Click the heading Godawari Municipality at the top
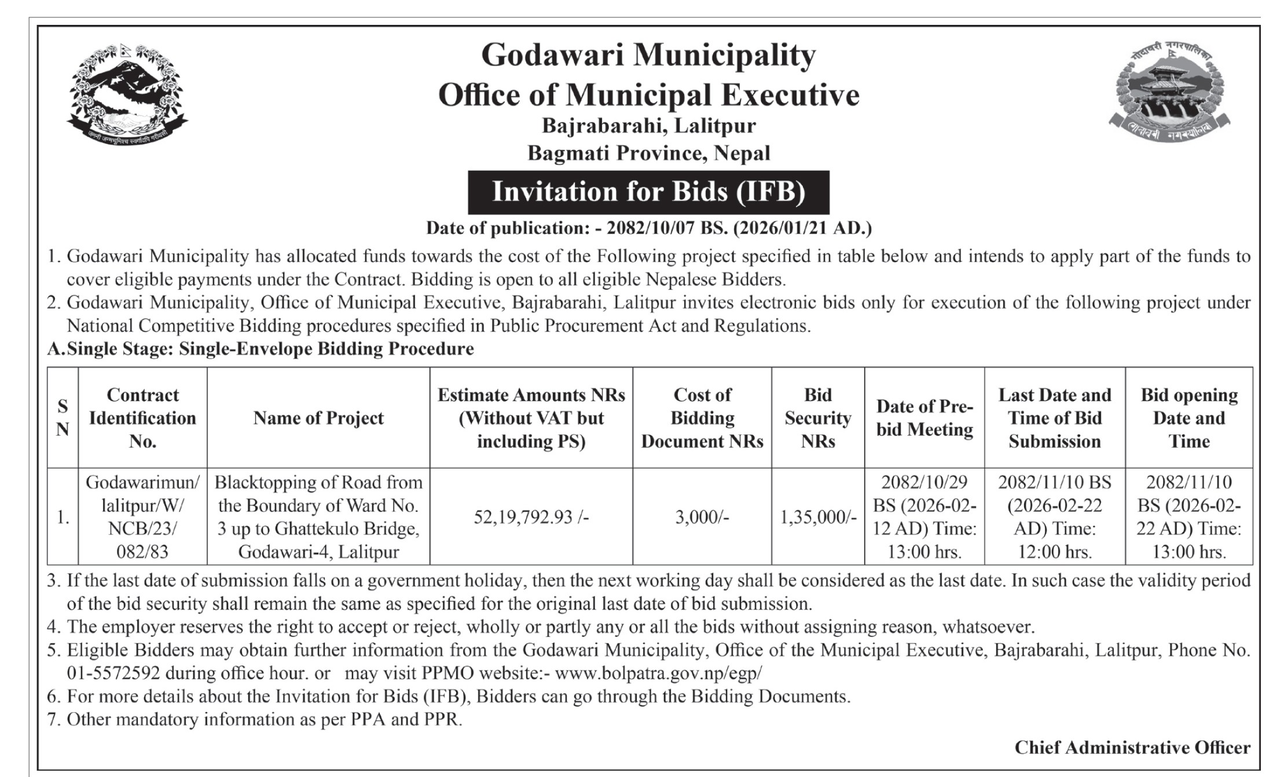click(x=648, y=56)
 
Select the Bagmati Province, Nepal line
click(x=648, y=153)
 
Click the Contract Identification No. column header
click(x=142, y=418)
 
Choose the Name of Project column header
click(x=318, y=418)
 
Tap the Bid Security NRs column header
click(x=817, y=418)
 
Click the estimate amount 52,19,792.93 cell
click(x=531, y=517)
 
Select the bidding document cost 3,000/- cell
click(x=702, y=517)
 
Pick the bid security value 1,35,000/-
click(x=817, y=517)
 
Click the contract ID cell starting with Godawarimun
click(x=142, y=517)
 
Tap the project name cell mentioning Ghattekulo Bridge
click(x=318, y=517)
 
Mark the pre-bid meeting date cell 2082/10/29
click(x=924, y=517)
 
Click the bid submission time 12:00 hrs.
click(x=1055, y=552)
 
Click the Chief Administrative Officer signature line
click(x=1132, y=747)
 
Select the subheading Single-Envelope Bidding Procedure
click(x=326, y=349)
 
